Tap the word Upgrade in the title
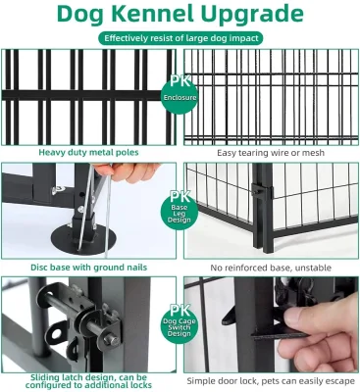point(252,15)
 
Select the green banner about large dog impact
point(180,38)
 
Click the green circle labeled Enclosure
point(180,95)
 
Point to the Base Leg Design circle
point(180,211)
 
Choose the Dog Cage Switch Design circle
point(180,324)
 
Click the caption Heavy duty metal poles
point(88,152)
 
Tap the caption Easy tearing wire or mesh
point(271,153)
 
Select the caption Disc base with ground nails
point(88,268)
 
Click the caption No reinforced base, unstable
point(271,268)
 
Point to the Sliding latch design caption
point(88,381)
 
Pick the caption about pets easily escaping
point(271,381)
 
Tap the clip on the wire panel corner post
point(262,191)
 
